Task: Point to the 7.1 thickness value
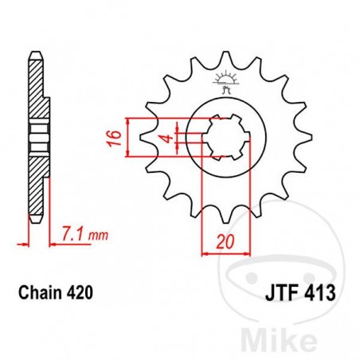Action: pyautogui.click(x=70, y=234)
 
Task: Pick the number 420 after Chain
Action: pyautogui.click(x=80, y=293)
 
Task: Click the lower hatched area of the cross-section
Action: pyautogui.click(x=34, y=183)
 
